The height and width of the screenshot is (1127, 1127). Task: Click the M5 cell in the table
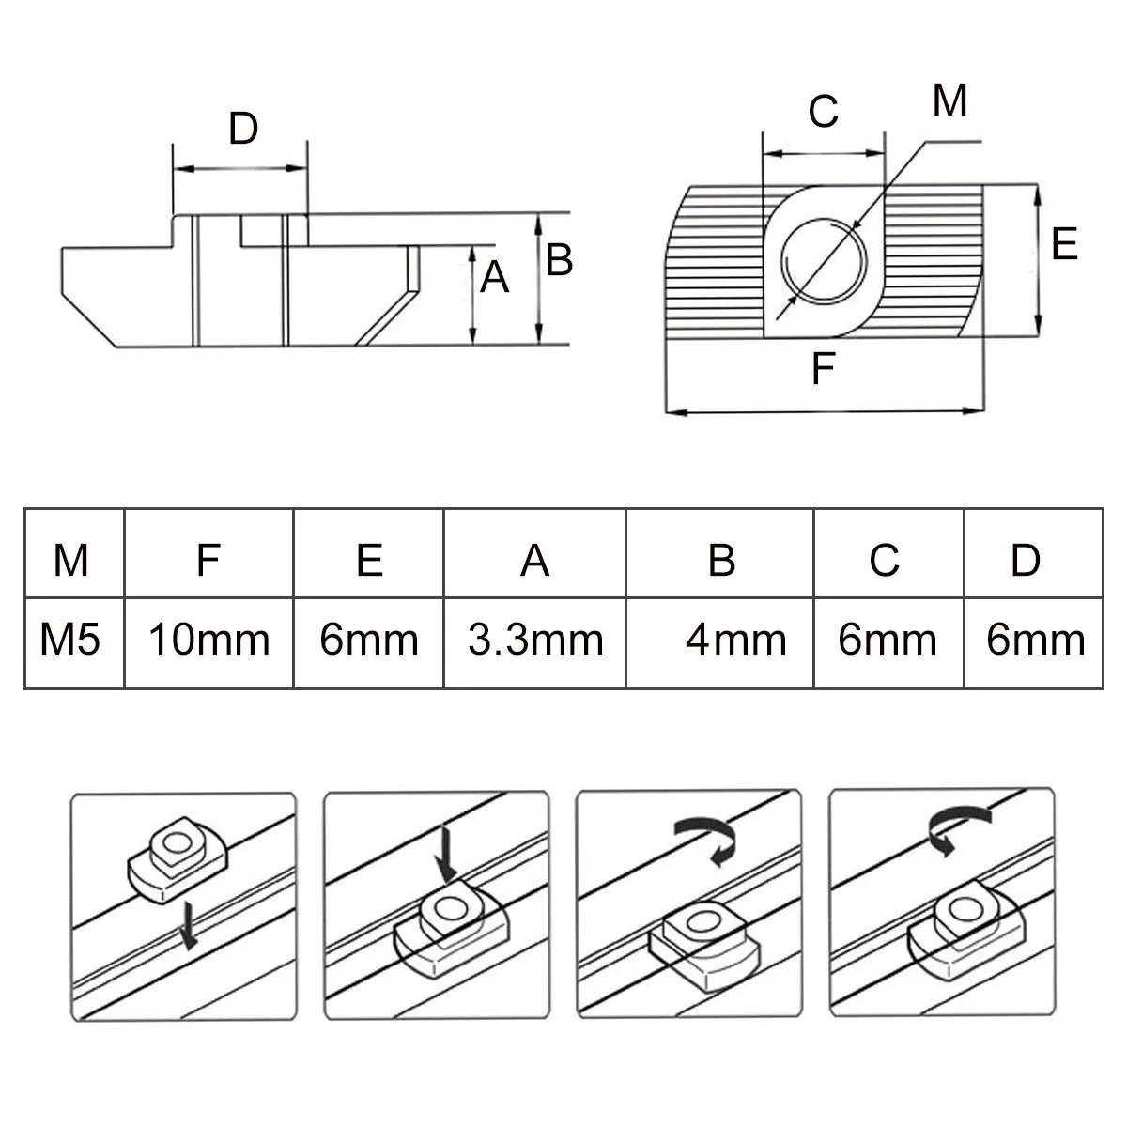click(70, 641)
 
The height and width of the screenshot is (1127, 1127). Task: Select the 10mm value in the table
click(208, 641)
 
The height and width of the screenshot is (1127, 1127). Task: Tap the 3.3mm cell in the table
click(535, 641)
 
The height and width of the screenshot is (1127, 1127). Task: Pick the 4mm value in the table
click(735, 641)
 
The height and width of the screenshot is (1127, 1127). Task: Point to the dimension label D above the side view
click(243, 129)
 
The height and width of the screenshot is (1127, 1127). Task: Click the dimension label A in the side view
click(494, 278)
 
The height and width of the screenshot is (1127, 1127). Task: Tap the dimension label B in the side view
click(559, 259)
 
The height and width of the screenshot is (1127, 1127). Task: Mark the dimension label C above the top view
click(823, 112)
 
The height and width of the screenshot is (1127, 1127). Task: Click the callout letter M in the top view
click(949, 100)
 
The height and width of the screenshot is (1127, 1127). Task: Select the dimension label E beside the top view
click(1064, 244)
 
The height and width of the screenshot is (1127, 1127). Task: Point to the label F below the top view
click(823, 369)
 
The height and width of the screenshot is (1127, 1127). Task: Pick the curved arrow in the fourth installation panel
click(956, 826)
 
